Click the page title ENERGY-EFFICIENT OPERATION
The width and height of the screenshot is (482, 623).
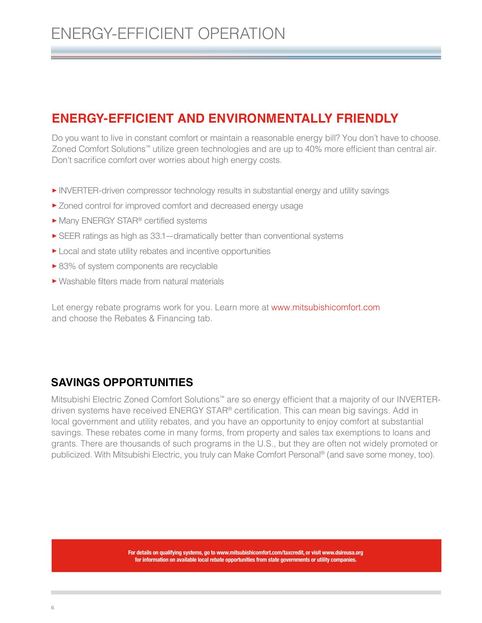point(168,34)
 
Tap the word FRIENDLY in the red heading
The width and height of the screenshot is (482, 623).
point(367,118)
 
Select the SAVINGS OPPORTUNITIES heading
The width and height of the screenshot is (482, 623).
point(122,382)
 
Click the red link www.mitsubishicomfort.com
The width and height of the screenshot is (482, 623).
point(325,307)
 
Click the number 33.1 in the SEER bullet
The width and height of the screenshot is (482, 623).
point(158,236)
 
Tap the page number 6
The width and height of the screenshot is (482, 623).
point(53,608)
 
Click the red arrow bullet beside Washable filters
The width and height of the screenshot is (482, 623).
point(54,281)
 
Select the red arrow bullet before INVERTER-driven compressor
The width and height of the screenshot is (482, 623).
point(54,190)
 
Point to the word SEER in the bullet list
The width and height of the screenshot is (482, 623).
point(69,236)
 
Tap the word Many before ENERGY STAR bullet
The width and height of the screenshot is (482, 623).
point(69,221)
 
